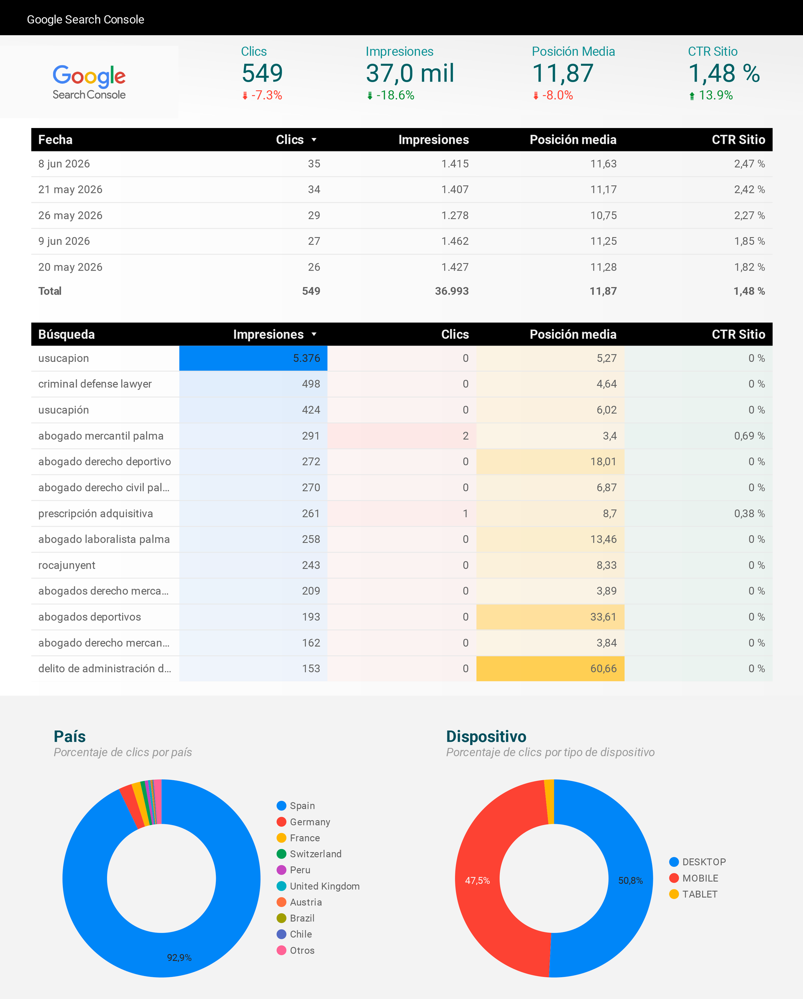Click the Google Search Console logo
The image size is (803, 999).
pos(89,82)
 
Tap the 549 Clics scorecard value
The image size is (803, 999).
pos(262,73)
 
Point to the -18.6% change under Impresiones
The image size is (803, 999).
pos(391,95)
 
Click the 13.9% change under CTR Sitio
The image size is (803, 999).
pos(711,95)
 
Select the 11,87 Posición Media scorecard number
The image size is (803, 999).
pos(563,73)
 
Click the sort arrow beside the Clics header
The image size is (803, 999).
pos(314,139)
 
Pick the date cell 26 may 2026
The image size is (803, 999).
pos(70,215)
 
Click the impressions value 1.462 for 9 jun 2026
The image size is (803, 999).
pos(455,241)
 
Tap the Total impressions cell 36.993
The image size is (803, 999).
pos(452,291)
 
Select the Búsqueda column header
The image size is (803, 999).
pos(66,334)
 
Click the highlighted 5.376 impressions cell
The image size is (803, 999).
pos(253,358)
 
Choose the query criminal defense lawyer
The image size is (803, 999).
pos(95,384)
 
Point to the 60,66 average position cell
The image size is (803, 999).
pos(550,669)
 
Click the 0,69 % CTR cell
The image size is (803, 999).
pos(749,436)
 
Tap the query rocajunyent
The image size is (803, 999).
pos(67,565)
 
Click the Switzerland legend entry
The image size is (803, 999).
pos(309,854)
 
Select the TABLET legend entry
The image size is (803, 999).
pos(694,894)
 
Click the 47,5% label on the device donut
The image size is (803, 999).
pos(477,880)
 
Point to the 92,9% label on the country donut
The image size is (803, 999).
pos(179,958)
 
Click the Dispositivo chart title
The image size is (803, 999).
pos(486,736)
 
